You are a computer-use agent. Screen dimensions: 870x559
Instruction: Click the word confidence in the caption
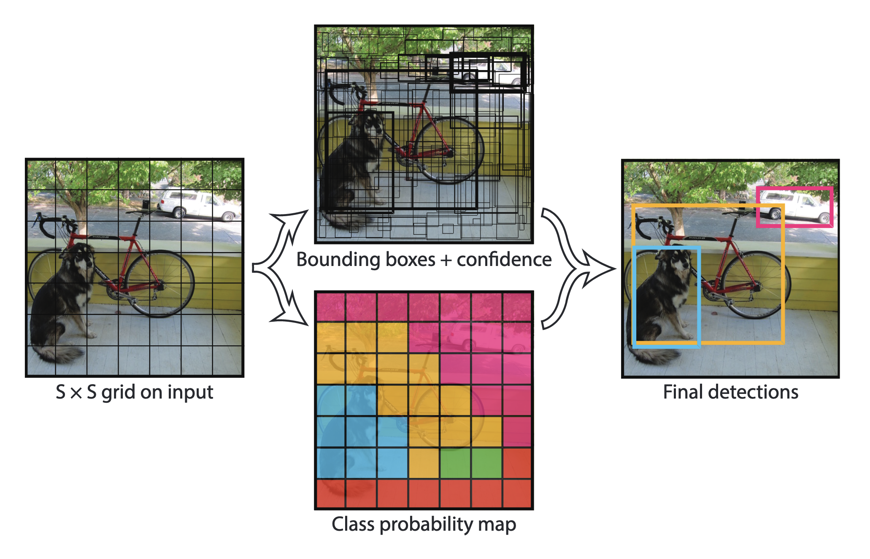point(504,260)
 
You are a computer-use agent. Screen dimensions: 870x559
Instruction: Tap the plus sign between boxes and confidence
point(446,261)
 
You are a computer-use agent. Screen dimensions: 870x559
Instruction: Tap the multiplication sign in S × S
point(76,393)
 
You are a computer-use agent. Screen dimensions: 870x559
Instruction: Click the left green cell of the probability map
point(455,463)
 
